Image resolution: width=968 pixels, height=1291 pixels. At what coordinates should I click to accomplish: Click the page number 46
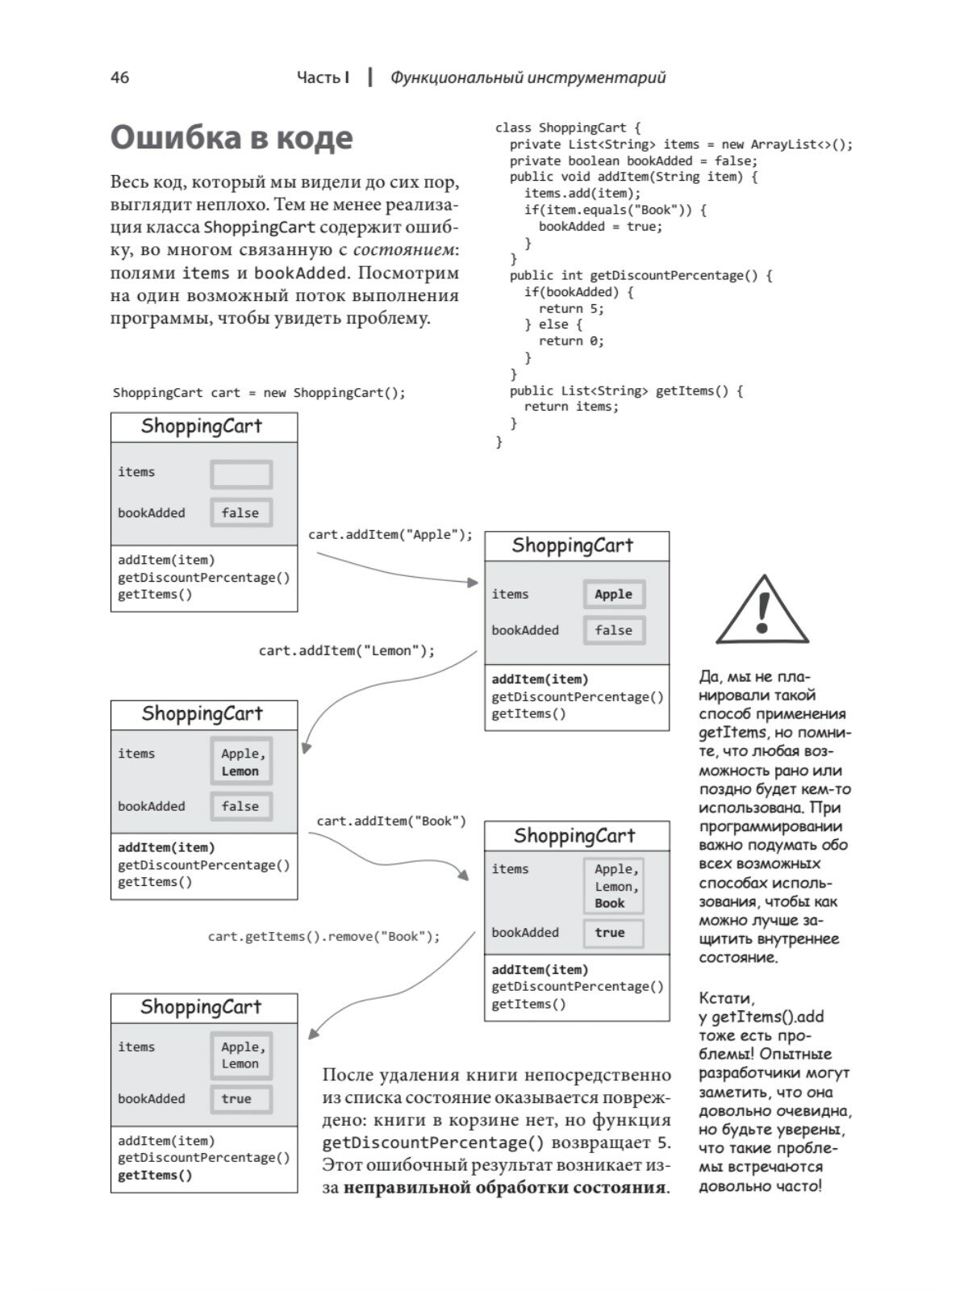pyautogui.click(x=119, y=77)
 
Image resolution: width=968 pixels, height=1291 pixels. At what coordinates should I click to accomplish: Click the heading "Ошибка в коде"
pyautogui.click(x=232, y=138)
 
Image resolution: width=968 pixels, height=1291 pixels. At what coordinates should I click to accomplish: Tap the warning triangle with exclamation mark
pyautogui.click(x=762, y=611)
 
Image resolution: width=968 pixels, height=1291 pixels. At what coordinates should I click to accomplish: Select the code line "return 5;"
pyautogui.click(x=571, y=308)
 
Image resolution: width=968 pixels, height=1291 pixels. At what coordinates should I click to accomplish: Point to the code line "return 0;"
pyautogui.click(x=571, y=341)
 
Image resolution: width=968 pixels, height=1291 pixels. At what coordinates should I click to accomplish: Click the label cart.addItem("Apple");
pyautogui.click(x=390, y=534)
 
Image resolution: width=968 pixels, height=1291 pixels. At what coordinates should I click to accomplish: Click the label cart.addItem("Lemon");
pyautogui.click(x=346, y=650)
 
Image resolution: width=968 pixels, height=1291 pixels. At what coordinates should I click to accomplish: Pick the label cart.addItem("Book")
pyautogui.click(x=391, y=821)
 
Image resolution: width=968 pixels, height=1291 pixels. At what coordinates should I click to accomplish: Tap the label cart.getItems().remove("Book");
pyautogui.click(x=324, y=936)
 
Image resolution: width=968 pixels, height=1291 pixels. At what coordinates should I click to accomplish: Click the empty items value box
pyautogui.click(x=241, y=474)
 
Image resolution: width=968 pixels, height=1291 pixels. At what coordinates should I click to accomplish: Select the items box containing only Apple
pyautogui.click(x=614, y=594)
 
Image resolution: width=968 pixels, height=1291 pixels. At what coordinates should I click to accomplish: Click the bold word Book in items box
pyautogui.click(x=610, y=904)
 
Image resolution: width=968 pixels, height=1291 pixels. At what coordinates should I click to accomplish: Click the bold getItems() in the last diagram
pyautogui.click(x=155, y=1175)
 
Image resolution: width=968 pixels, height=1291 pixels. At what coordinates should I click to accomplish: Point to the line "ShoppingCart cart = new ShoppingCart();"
pyautogui.click(x=259, y=393)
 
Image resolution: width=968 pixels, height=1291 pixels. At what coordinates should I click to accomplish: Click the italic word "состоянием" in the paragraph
pyautogui.click(x=403, y=250)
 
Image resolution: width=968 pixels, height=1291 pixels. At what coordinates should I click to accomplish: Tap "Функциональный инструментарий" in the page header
pyautogui.click(x=528, y=77)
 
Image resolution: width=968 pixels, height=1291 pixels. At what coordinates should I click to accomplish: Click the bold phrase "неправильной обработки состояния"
pyautogui.click(x=506, y=1188)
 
